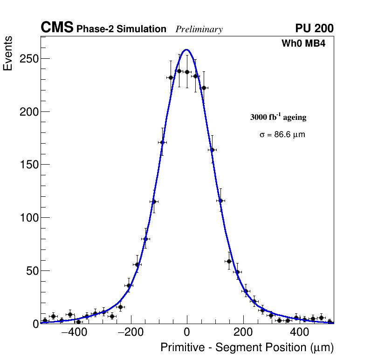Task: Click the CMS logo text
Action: (57, 28)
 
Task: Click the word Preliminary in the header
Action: (199, 29)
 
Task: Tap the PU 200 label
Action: (314, 28)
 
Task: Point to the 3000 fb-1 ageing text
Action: (278, 117)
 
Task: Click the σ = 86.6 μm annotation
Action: (282, 135)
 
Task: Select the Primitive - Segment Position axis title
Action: (247, 347)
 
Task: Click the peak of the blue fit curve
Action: (186, 49)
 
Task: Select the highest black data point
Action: (179, 71)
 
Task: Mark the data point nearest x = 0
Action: (187, 72)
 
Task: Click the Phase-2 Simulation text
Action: (121, 29)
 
